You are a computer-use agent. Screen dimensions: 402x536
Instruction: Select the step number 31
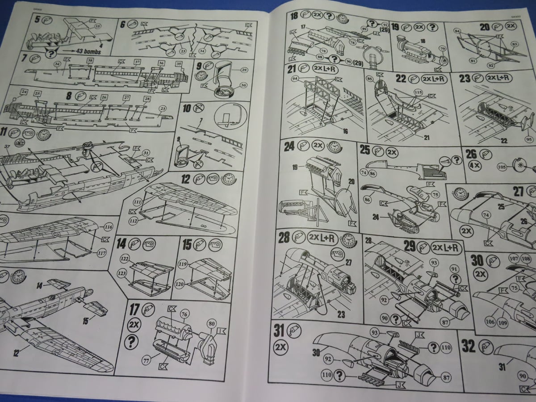279,331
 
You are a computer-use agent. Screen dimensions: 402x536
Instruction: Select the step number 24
289,147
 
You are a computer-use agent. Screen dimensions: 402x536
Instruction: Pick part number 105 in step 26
501,167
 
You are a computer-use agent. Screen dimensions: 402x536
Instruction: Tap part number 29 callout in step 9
243,70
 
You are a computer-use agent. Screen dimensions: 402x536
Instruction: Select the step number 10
187,108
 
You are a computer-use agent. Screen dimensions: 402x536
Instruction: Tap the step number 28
284,237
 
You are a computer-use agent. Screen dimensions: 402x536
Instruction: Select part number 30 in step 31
316,352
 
